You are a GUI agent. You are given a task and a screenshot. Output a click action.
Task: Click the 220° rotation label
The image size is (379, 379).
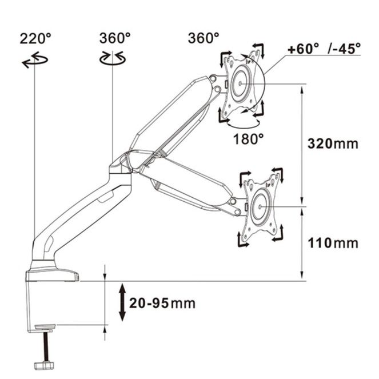coord(35,38)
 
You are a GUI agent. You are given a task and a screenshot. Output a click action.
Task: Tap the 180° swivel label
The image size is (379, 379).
coord(248,139)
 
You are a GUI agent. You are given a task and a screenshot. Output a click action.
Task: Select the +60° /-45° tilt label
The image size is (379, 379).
coord(324,49)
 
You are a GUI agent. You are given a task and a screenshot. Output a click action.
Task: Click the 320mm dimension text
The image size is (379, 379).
coord(333,143)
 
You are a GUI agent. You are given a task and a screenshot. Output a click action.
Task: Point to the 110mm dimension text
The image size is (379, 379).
coord(333,243)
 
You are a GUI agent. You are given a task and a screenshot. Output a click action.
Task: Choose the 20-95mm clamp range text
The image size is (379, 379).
coord(162,303)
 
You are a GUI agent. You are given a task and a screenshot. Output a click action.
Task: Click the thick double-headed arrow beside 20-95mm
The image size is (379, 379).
coord(122,302)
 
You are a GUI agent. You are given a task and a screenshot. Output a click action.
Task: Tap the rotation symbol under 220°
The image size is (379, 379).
coord(35,59)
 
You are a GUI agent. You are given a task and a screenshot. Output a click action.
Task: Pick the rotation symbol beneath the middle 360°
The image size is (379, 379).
coord(113,58)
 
